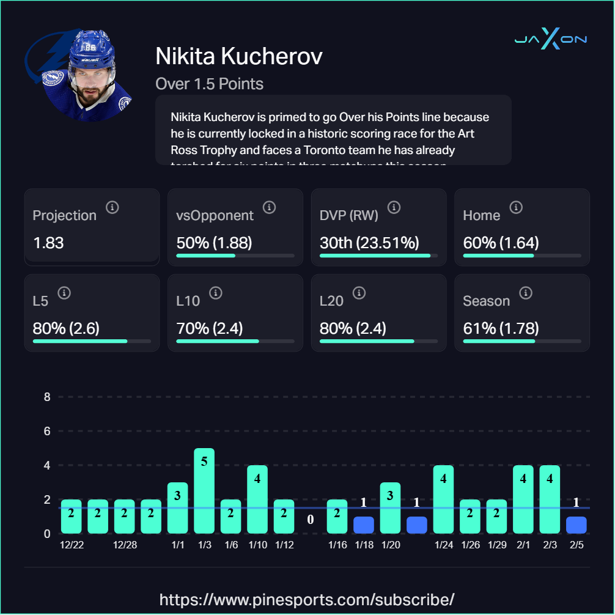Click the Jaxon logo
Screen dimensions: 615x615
550,40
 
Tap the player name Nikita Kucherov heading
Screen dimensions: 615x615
239,57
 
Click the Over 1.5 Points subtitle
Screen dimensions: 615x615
210,84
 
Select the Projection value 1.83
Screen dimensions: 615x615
48,243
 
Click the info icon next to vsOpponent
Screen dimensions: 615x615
269,208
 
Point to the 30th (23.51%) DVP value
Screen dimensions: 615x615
369,243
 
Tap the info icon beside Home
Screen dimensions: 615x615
516,208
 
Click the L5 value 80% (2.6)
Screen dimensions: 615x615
66,328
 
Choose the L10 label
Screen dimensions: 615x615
188,301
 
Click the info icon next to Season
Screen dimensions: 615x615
525,293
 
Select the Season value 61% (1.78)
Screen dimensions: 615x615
501,328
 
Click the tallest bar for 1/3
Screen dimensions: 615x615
204,491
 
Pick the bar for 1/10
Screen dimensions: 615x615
257,499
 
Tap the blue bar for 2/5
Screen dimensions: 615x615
576,525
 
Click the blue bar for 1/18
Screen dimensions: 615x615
364,525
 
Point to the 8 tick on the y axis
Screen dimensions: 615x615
47,397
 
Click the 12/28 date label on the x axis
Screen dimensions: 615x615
125,545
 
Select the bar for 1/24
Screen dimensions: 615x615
443,499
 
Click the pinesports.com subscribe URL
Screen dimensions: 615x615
307,598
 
